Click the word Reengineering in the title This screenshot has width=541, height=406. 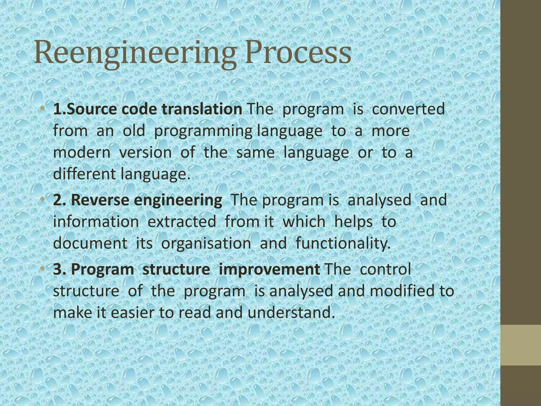135,53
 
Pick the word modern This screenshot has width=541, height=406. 82,153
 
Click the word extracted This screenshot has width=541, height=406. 182,222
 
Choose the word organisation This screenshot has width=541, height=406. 206,243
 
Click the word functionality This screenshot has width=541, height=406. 343,243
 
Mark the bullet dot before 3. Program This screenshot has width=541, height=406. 43,269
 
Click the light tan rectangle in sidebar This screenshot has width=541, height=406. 521,345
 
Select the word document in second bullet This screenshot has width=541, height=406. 90,243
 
